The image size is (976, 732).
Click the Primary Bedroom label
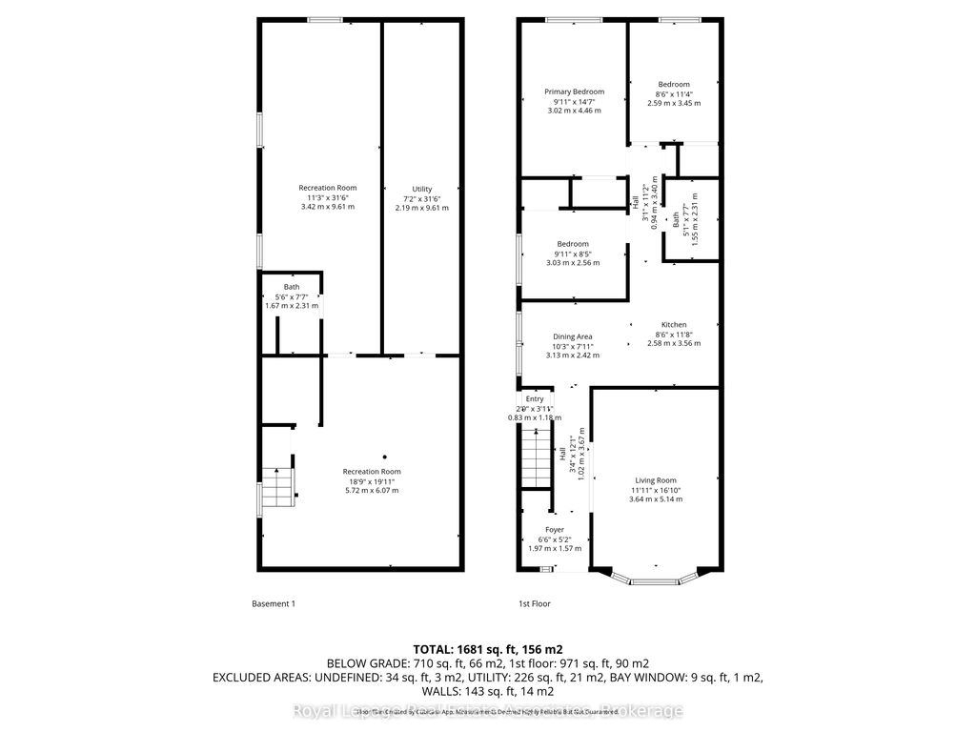pos(574,92)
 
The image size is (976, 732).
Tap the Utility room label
pos(421,189)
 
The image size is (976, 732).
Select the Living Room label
pos(656,480)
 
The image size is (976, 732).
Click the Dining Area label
pos(573,336)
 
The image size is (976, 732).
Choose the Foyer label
pos(554,530)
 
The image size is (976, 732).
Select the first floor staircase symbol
pos(537,458)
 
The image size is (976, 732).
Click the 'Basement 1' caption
pos(274,603)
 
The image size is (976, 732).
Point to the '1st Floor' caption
pos(534,603)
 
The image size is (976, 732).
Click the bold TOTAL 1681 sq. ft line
pos(488,649)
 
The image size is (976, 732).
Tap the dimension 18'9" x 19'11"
pos(372,481)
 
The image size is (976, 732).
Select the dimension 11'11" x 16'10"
pos(656,490)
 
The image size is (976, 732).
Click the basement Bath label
pos(291,287)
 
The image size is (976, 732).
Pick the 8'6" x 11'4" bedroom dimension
pos(673,93)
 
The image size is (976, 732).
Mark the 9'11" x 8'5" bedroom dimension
pos(573,254)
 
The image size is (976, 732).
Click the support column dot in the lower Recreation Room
pos(385,457)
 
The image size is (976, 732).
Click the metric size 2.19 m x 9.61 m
pos(421,207)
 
